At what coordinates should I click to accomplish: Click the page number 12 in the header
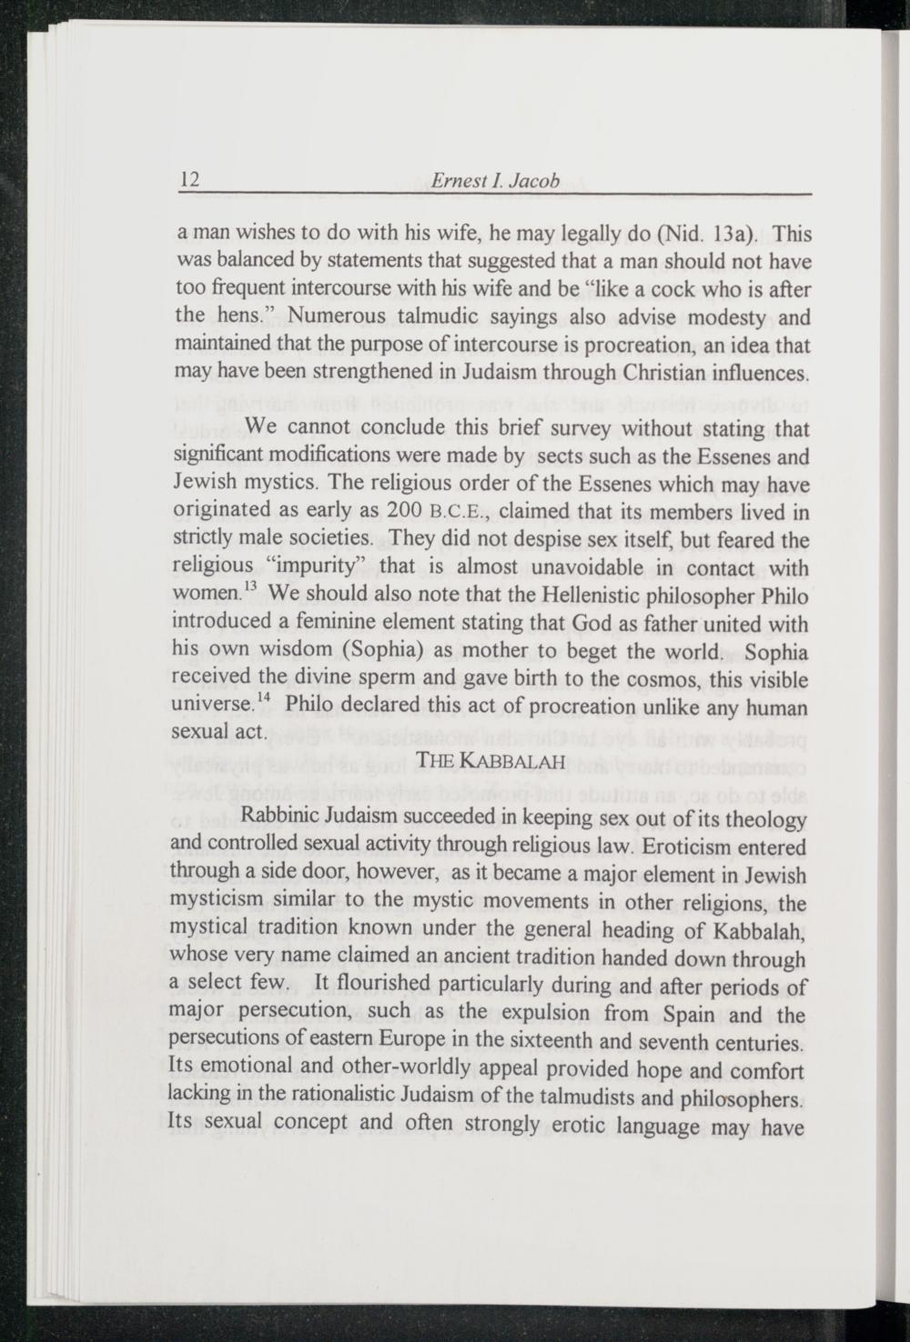click(190, 179)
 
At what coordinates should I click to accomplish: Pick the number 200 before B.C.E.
click(403, 510)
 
